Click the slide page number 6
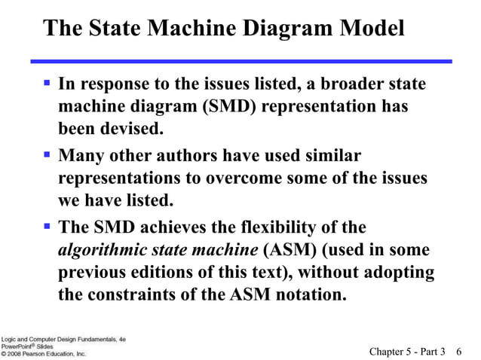coord(459,350)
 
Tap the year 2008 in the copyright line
coord(17,352)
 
